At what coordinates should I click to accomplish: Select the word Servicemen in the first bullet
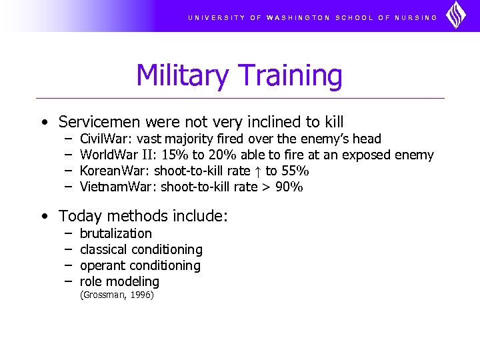click(x=100, y=122)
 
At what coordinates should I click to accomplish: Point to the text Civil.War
click(x=105, y=139)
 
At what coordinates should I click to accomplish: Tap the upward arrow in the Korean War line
click(x=257, y=171)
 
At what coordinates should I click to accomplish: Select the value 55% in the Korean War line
click(x=295, y=171)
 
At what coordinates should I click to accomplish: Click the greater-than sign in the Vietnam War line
click(x=265, y=187)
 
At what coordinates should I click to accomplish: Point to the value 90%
click(x=289, y=187)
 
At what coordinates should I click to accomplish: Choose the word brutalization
click(x=115, y=233)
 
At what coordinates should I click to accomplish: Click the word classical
click(x=103, y=249)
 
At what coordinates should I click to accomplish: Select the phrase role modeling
click(x=119, y=281)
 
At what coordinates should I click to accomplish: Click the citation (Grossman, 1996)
click(x=117, y=295)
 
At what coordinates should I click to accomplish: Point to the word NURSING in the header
click(x=416, y=18)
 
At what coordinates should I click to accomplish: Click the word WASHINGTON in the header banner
click(x=298, y=18)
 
